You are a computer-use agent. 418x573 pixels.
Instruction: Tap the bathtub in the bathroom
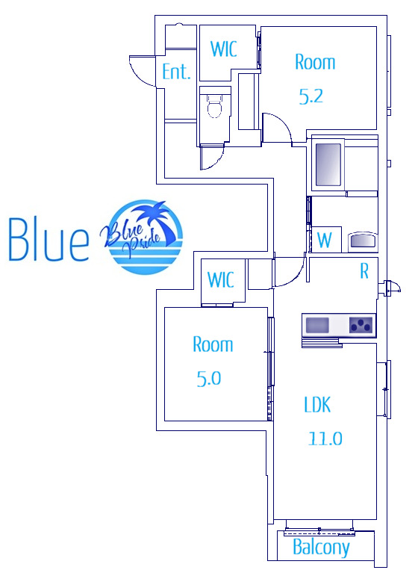(328, 164)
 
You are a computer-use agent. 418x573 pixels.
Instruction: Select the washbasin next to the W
(362, 241)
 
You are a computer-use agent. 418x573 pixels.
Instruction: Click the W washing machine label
(325, 241)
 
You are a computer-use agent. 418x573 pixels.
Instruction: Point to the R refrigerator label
(364, 271)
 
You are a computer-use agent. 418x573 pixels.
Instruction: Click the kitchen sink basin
(317, 325)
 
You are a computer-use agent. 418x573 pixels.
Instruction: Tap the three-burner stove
(361, 325)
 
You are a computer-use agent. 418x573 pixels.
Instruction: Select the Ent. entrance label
(176, 72)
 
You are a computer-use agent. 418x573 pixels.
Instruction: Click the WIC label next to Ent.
(224, 49)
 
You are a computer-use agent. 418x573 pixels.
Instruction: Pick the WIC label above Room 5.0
(220, 280)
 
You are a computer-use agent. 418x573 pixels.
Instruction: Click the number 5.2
(311, 96)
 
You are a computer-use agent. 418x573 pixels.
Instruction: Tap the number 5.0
(209, 378)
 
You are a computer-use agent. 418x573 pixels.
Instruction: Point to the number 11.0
(325, 439)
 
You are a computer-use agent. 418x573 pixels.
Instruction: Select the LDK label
(317, 405)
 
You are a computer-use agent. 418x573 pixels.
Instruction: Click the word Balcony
(321, 548)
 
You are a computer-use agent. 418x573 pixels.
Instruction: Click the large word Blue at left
(49, 240)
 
